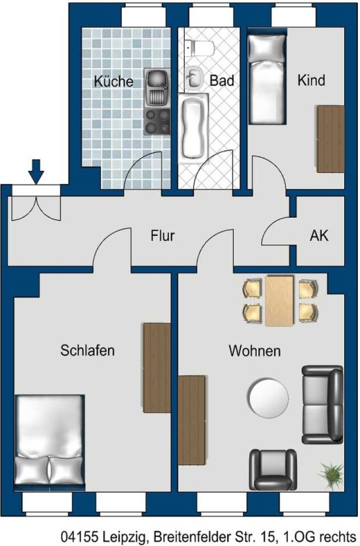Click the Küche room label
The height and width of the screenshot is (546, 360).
pyautogui.click(x=113, y=81)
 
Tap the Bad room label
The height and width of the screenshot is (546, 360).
pyautogui.click(x=221, y=81)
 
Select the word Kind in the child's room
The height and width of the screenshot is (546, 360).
pyautogui.click(x=311, y=80)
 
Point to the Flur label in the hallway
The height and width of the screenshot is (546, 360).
pyautogui.click(x=162, y=236)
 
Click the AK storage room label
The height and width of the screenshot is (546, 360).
pyautogui.click(x=319, y=236)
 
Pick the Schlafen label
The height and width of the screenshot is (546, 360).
pyautogui.click(x=87, y=351)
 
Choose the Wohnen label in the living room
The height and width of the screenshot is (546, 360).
pyautogui.click(x=255, y=351)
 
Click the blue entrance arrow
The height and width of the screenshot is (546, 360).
pyautogui.click(x=36, y=172)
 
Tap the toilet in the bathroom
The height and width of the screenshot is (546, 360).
pyautogui.click(x=199, y=48)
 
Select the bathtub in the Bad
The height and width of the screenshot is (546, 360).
pyautogui.click(x=193, y=128)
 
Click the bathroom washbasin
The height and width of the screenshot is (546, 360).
pyautogui.click(x=195, y=78)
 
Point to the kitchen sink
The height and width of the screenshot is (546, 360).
pyautogui.click(x=157, y=88)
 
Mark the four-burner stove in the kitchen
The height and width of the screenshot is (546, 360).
pyautogui.click(x=157, y=121)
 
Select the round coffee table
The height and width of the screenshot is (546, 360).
pyautogui.click(x=268, y=398)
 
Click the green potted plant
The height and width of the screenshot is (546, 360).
pyautogui.click(x=331, y=476)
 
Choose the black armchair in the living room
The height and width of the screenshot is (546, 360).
pyautogui.click(x=273, y=470)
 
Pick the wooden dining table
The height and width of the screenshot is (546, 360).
pyautogui.click(x=279, y=301)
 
